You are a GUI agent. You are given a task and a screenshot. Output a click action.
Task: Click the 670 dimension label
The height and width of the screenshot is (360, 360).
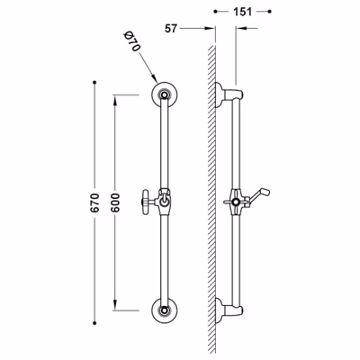click(x=94, y=203)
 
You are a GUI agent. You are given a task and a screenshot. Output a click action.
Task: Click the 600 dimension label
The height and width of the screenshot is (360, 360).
click(x=116, y=203)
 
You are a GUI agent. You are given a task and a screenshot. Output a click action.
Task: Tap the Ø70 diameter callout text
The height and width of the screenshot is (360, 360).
click(x=131, y=41)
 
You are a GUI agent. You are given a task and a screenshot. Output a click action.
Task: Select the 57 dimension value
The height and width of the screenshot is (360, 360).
click(x=171, y=29)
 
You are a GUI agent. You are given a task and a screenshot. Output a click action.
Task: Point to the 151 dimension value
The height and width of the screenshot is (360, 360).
click(x=242, y=12)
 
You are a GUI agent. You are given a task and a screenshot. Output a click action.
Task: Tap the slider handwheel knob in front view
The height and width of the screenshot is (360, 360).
click(x=146, y=202)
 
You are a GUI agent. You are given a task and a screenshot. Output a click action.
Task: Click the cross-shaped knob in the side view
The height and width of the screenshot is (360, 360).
click(x=236, y=202)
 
